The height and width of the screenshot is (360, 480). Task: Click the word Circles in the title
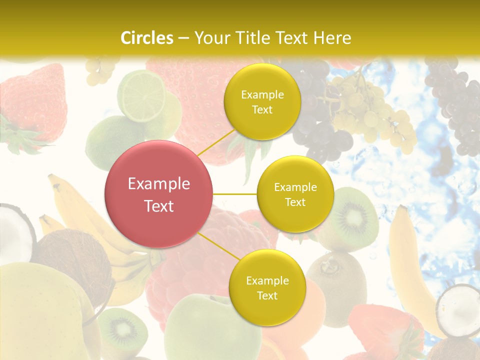[x=146, y=37]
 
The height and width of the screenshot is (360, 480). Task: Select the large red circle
[x=158, y=194]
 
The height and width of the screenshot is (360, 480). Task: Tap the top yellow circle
[x=262, y=101]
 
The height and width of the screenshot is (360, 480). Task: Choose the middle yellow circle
[x=295, y=194]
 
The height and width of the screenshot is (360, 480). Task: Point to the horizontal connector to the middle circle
[x=234, y=194]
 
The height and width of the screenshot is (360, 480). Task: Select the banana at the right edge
[x=407, y=265]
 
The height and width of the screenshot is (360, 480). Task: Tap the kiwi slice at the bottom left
[x=120, y=330]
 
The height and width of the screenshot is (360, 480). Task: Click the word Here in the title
[x=332, y=37]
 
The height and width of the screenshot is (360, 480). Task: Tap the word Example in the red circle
[x=158, y=183]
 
